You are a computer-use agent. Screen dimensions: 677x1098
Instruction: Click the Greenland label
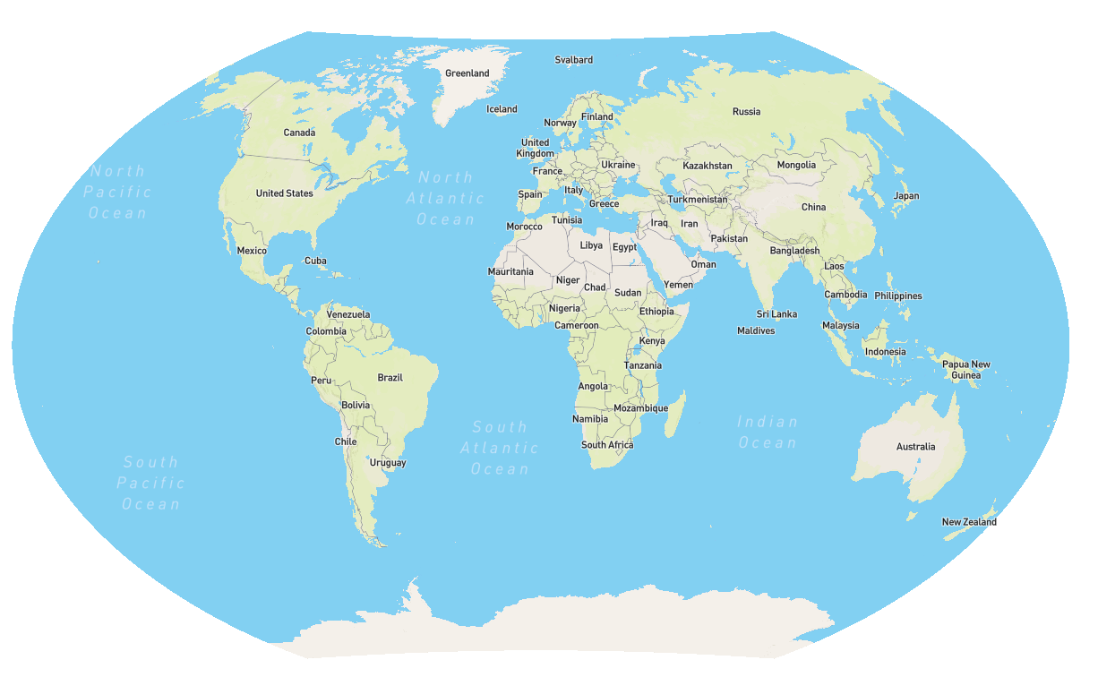[468, 73]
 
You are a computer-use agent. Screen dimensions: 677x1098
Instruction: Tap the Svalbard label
[573, 60]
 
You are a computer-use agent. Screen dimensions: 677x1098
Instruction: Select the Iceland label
[502, 109]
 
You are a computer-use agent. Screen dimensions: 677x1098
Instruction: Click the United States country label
[284, 193]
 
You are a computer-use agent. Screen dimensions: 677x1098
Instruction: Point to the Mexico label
[252, 251]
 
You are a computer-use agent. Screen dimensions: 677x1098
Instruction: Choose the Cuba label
[315, 261]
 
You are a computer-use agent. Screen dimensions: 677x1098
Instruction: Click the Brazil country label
[390, 378]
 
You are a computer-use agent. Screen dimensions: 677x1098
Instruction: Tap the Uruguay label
[388, 463]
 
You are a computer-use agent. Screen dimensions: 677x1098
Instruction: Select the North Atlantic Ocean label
[445, 198]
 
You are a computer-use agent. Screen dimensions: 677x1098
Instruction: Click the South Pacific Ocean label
[151, 483]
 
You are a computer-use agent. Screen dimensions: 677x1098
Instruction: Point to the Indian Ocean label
[767, 432]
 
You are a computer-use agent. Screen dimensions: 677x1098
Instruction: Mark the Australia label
[915, 446]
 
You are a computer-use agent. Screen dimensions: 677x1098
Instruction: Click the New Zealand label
[969, 522]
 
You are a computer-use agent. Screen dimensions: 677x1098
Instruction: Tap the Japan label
[906, 196]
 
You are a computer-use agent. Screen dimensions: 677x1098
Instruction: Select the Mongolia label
[796, 165]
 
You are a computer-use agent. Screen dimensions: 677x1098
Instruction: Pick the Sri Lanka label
[776, 314]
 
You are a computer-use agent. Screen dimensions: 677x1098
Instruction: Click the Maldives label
[756, 330]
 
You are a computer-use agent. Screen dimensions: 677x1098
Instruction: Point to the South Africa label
[607, 445]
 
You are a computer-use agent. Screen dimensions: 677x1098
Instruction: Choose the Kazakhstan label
[707, 166]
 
